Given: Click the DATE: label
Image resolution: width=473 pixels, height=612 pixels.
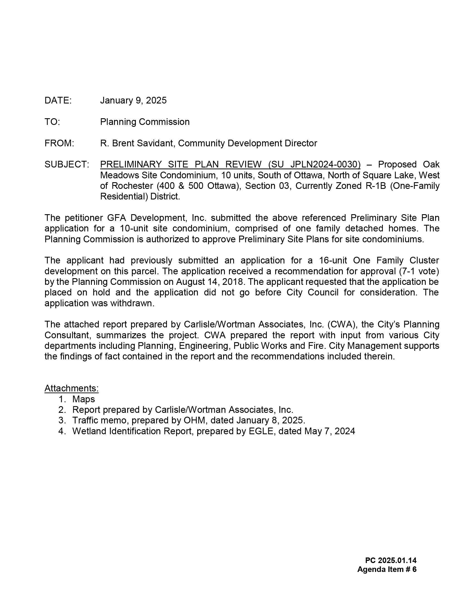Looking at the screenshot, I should (x=58, y=100).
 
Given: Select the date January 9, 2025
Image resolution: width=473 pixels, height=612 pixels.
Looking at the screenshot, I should (x=133, y=100).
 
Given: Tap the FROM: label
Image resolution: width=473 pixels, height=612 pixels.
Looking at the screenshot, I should (x=59, y=143).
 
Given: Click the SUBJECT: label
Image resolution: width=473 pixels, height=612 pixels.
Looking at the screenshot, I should (x=67, y=164).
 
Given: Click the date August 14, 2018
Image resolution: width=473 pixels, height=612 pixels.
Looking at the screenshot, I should (x=209, y=282).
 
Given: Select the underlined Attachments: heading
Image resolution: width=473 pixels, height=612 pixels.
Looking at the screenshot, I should (x=72, y=388).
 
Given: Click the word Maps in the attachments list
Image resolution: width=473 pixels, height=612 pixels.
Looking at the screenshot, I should (x=83, y=399).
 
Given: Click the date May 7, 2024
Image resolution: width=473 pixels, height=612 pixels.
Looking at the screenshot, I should (x=329, y=431).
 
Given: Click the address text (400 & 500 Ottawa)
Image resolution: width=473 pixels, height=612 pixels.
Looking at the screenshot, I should (x=199, y=186).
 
